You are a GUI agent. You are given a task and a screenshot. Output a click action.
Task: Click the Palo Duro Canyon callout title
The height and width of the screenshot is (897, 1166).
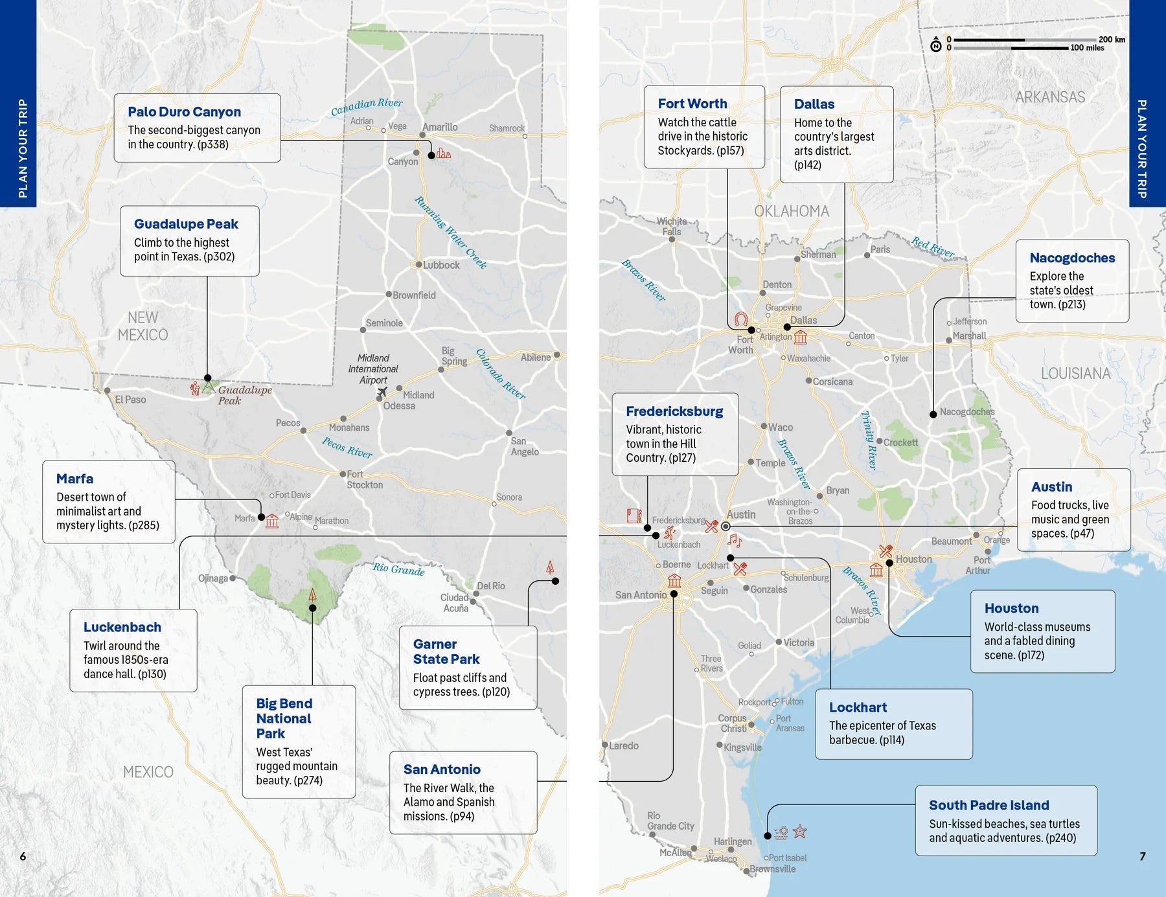(184, 112)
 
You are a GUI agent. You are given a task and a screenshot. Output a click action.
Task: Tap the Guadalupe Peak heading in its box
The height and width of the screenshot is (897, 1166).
(186, 224)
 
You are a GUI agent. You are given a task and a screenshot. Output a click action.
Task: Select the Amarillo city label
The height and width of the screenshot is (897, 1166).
(440, 127)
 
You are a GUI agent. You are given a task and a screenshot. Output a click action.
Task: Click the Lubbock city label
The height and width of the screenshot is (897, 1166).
(441, 265)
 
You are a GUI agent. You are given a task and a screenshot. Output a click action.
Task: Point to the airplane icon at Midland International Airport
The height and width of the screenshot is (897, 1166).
(382, 392)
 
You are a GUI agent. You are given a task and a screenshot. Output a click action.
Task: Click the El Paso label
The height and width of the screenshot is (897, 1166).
(130, 400)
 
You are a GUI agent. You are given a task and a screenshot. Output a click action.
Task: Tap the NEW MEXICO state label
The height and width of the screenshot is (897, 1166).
(143, 326)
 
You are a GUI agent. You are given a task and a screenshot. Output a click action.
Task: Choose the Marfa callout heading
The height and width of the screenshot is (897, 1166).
(74, 479)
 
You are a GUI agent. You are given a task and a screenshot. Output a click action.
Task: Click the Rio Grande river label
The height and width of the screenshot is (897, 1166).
(398, 569)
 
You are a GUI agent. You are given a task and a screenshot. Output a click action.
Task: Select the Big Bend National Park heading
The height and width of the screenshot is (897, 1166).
(284, 718)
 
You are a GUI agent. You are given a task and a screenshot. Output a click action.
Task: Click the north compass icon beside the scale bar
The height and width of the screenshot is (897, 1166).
(936, 45)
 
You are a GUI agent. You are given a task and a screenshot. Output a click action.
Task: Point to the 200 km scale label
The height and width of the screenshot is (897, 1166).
(1112, 40)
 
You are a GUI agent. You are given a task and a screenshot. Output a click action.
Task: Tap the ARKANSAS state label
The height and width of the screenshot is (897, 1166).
(1050, 97)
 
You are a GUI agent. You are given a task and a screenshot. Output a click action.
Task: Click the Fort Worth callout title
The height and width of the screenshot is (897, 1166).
(692, 104)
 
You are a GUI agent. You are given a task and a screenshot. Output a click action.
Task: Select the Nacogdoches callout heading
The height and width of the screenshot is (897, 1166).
(1072, 258)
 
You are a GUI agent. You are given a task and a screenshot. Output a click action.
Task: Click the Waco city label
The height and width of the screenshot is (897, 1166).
(781, 427)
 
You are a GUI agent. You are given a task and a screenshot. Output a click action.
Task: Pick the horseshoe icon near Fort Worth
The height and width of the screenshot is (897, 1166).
(741, 319)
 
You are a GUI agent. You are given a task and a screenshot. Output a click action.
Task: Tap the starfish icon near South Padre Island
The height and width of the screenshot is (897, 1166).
(800, 831)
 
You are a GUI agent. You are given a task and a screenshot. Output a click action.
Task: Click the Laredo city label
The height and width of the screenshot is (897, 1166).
(623, 745)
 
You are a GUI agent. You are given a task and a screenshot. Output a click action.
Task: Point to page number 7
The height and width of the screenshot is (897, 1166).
(1143, 856)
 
